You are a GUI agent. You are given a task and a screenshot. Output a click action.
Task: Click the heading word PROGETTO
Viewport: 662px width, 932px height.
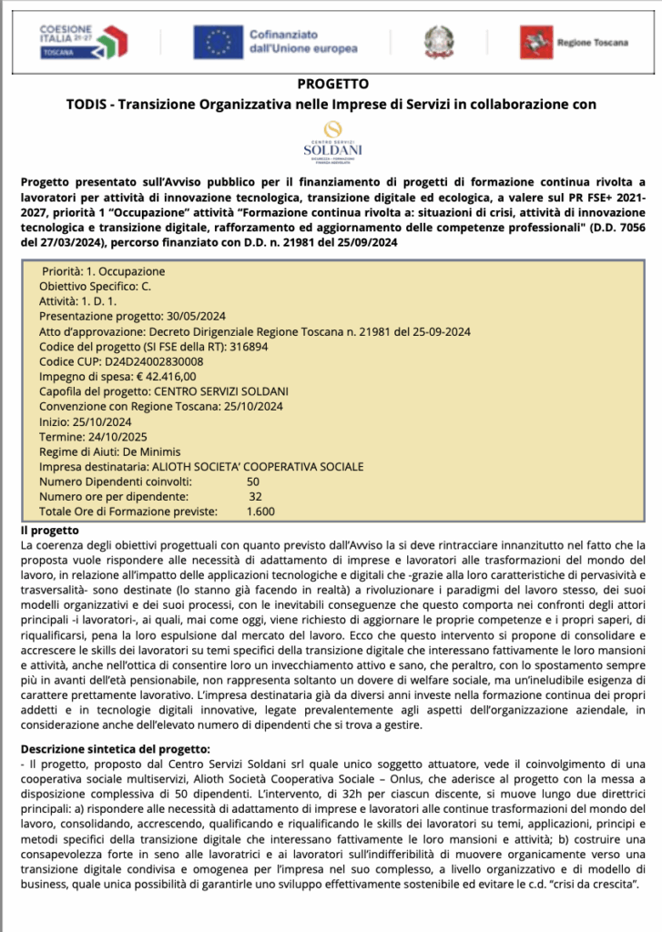331,85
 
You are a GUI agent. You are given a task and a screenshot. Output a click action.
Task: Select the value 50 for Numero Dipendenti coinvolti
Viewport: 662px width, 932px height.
253,481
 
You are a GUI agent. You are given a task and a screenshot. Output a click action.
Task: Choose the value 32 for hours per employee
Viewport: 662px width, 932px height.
255,496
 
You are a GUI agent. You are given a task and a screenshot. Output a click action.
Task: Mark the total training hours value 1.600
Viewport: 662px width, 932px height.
260,511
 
